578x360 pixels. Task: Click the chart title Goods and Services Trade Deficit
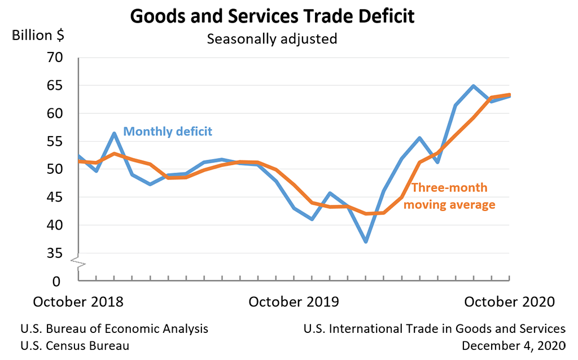pyautogui.click(x=272, y=16)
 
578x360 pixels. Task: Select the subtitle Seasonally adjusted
pyautogui.click(x=272, y=39)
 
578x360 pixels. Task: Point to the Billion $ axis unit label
pyautogui.click(x=38, y=35)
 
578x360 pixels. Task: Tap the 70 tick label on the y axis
pyautogui.click(x=55, y=58)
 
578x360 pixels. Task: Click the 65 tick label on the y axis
pyautogui.click(x=55, y=86)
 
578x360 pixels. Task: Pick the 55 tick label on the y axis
pyautogui.click(x=55, y=142)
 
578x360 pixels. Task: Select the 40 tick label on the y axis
pyautogui.click(x=55, y=225)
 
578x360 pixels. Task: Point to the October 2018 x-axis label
pyautogui.click(x=78, y=301)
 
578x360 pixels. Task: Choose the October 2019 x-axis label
pyautogui.click(x=294, y=301)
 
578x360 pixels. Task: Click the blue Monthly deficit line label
pyautogui.click(x=168, y=131)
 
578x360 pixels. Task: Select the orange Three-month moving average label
pyautogui.click(x=449, y=196)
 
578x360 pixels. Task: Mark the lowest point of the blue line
pyautogui.click(x=366, y=242)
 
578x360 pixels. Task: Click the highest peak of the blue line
pyautogui.click(x=473, y=86)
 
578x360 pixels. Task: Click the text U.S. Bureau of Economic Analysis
pyautogui.click(x=114, y=328)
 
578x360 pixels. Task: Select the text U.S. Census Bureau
pyautogui.click(x=75, y=345)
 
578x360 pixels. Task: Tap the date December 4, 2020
pyautogui.click(x=513, y=345)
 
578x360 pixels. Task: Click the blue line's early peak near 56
pyautogui.click(x=114, y=133)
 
